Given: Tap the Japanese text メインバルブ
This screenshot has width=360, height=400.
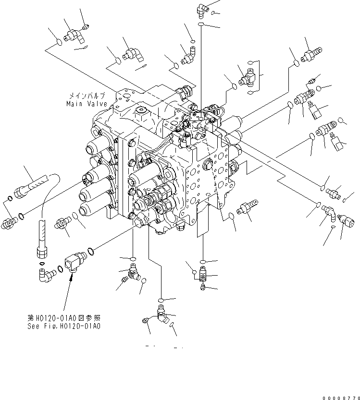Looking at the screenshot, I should point(87,96).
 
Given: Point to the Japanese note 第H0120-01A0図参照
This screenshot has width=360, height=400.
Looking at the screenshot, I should point(64,318).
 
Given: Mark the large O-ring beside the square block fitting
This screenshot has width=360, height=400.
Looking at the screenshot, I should point(89,251).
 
